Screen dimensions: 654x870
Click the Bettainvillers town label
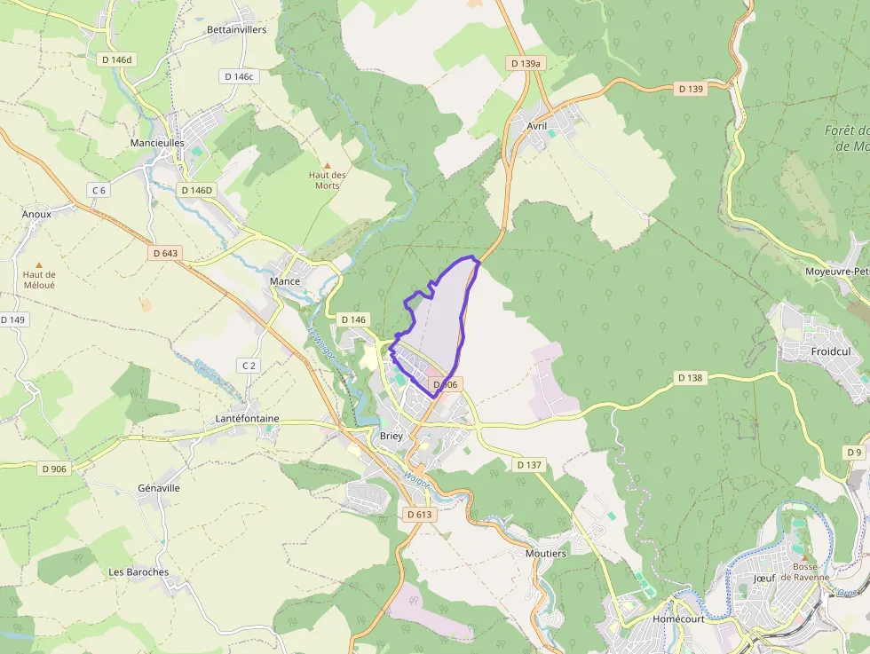click(x=236, y=29)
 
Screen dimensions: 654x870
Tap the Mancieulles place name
click(x=157, y=142)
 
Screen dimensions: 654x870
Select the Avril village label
click(x=536, y=126)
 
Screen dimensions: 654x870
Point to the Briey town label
click(x=391, y=436)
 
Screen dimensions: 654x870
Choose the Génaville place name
click(x=159, y=488)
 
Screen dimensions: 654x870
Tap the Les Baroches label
click(x=138, y=571)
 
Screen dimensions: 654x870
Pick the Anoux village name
click(x=36, y=214)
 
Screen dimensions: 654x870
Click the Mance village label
click(x=285, y=281)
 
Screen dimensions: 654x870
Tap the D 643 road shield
click(x=165, y=253)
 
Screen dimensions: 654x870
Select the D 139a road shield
click(x=526, y=63)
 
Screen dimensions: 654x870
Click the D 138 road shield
click(x=690, y=377)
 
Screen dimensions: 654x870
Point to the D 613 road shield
click(x=419, y=514)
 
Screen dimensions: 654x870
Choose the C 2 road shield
click(x=249, y=366)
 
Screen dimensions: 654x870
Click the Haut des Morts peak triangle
click(x=327, y=165)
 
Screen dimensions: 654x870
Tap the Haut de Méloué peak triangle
click(x=38, y=264)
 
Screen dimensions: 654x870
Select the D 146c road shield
click(x=239, y=76)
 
